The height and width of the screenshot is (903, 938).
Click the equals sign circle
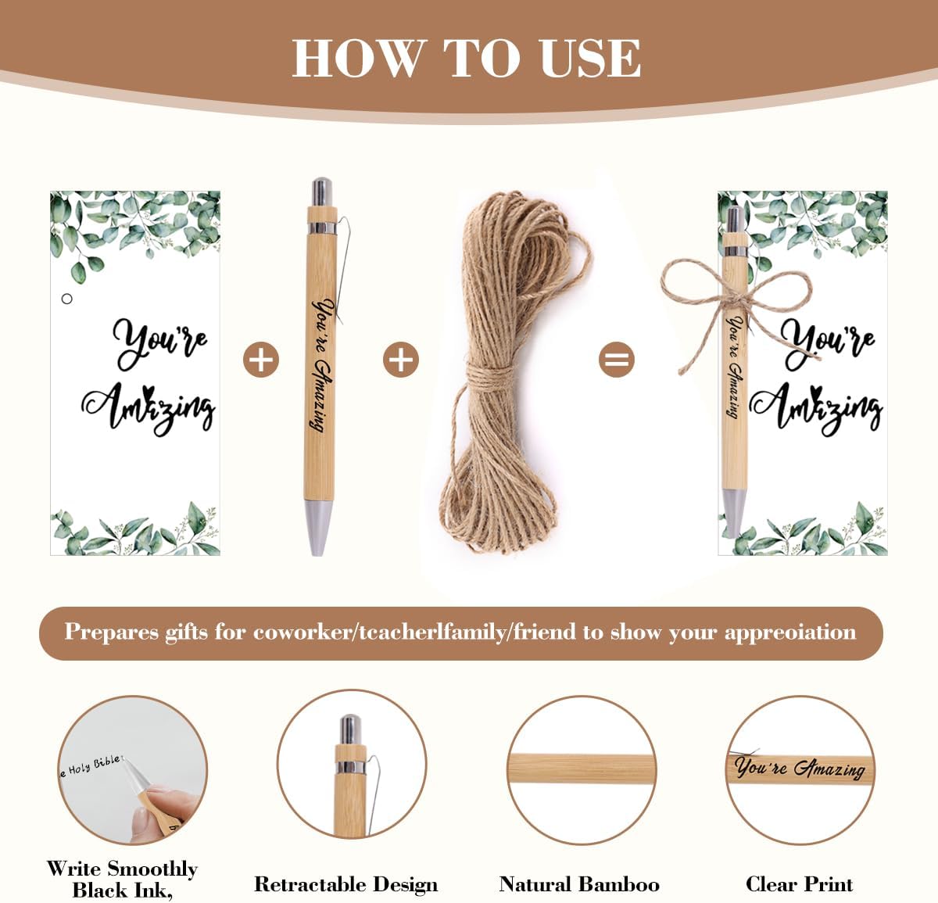coord(616,360)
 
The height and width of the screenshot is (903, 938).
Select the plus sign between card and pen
coord(261,360)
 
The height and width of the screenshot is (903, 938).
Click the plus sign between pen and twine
coord(400,360)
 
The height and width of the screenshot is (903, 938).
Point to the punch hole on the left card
coord(67,299)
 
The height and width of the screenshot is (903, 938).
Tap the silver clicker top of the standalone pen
coord(321,192)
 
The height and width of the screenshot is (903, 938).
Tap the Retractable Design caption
coord(345,884)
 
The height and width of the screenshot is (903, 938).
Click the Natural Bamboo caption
coord(578,884)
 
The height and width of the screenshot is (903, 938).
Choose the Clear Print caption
coord(799,884)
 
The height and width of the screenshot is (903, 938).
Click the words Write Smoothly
coord(121,869)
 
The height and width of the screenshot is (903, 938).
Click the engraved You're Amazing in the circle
coord(799,769)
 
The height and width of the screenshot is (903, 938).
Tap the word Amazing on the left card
coord(149,407)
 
